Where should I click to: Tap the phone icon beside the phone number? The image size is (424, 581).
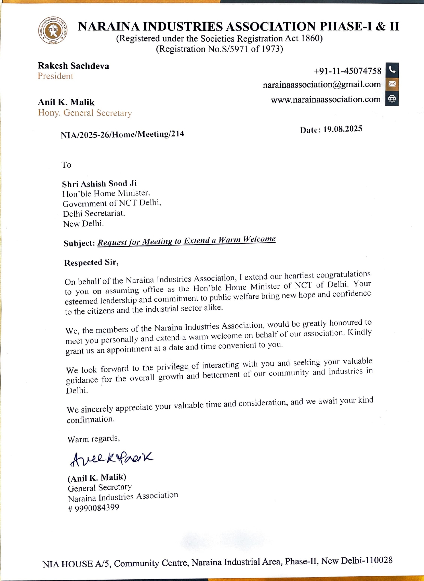tap(392, 70)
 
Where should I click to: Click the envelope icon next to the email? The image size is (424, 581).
tap(392, 84)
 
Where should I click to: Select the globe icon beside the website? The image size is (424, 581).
tap(392, 99)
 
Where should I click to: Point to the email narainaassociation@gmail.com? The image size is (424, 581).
tap(321, 84)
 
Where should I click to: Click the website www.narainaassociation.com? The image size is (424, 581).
tap(326, 99)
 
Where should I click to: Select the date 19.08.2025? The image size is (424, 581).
tap(343, 129)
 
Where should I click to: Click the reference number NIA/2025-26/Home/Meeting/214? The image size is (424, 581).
tap(122, 134)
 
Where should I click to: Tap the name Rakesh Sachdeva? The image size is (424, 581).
tap(74, 66)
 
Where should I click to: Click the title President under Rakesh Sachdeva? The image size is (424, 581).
tap(55, 76)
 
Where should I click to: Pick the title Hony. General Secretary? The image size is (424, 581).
tap(85, 113)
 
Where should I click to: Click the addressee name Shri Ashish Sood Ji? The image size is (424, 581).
tap(99, 184)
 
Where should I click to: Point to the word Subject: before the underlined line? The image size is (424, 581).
tap(79, 243)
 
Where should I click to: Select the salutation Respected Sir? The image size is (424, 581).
tap(91, 262)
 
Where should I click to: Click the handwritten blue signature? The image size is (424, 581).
tap(111, 458)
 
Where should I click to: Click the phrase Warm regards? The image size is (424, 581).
tap(93, 439)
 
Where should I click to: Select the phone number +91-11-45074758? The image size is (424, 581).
tap(347, 71)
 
